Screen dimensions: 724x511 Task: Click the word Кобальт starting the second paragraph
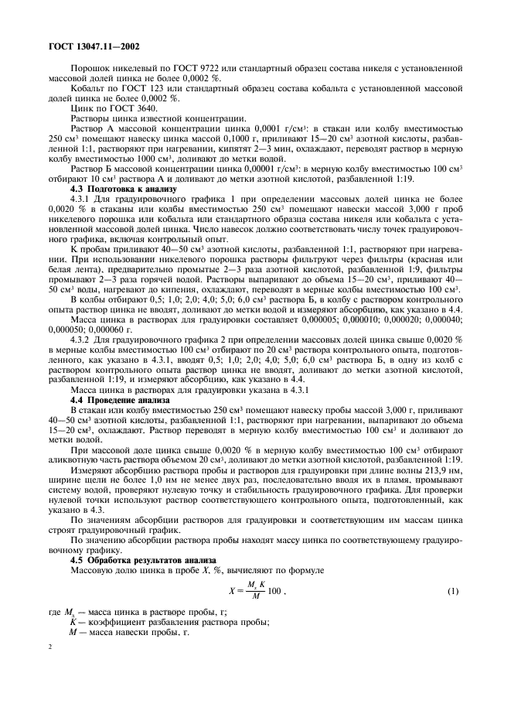pyautogui.click(x=87, y=89)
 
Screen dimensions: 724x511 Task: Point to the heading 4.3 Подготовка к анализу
pyautogui.click(x=124, y=189)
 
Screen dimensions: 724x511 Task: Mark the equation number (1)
pyautogui.click(x=454, y=592)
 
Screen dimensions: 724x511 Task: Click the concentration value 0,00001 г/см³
pyautogui.click(x=249, y=166)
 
